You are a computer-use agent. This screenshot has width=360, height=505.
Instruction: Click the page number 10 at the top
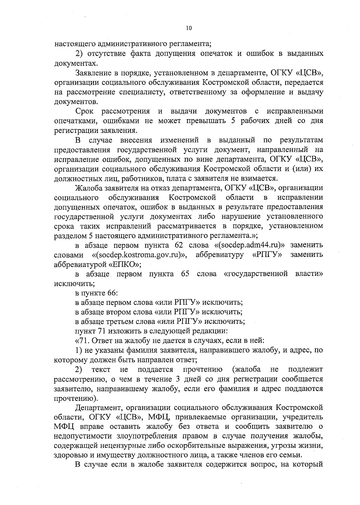pyautogui.click(x=188, y=28)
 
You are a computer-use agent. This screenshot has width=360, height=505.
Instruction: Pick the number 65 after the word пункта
pyautogui.click(x=185, y=274)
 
